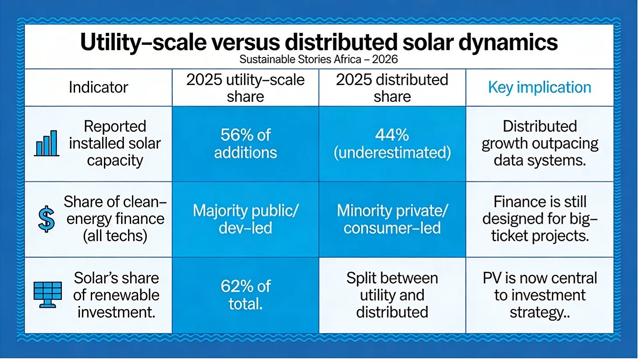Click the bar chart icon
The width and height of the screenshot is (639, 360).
tap(46, 143)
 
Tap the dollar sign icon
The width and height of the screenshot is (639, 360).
tap(46, 219)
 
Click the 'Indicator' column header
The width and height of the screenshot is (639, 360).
tap(98, 87)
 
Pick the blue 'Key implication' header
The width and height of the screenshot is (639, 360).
tap(539, 87)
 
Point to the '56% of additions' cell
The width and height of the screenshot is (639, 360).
tap(245, 143)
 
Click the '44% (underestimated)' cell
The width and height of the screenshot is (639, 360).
tap(392, 143)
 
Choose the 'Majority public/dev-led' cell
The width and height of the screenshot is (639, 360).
tap(245, 219)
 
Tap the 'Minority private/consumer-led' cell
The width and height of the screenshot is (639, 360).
tap(392, 219)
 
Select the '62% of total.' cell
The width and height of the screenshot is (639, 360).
tap(245, 295)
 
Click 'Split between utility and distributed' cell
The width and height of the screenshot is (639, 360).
tap(392, 295)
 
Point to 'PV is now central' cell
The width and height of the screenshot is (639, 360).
tap(539, 295)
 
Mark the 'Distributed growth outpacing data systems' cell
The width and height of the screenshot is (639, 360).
tap(539, 143)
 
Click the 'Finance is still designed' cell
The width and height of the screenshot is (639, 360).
tap(539, 219)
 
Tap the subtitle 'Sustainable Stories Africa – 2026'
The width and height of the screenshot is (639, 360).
tap(318, 59)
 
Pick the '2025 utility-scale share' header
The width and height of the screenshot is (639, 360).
tap(245, 88)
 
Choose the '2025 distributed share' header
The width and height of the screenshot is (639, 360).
tap(392, 88)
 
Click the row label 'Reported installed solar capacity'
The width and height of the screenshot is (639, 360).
tap(115, 143)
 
